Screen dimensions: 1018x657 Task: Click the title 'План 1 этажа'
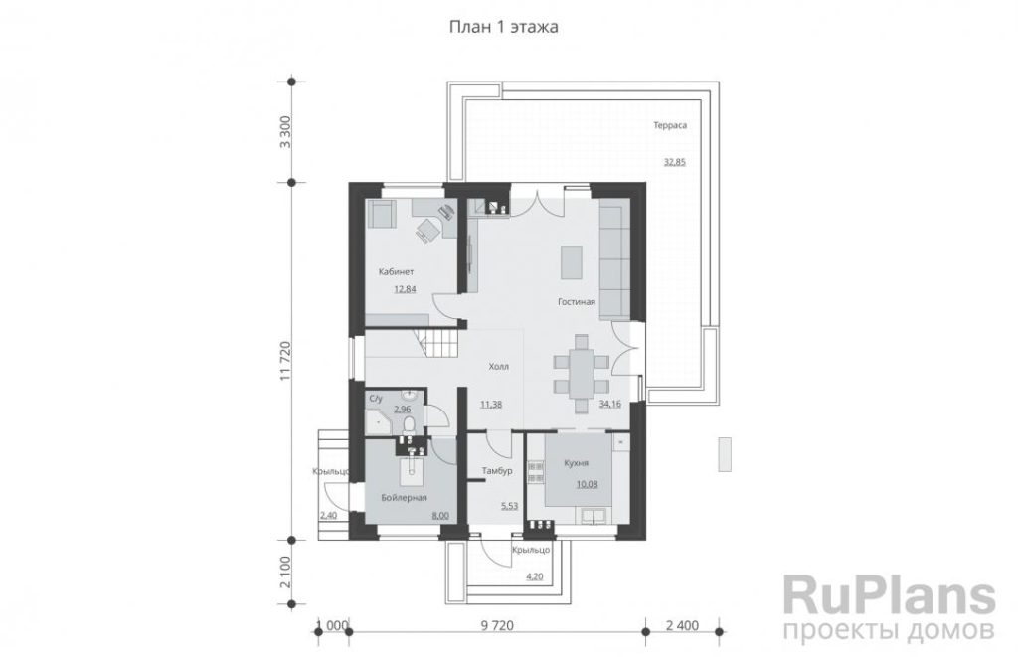tap(503, 27)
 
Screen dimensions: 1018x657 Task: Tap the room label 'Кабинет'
tap(396, 272)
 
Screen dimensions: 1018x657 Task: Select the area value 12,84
tap(406, 289)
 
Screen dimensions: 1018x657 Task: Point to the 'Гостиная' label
tap(577, 302)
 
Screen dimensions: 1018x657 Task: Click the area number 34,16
tap(609, 404)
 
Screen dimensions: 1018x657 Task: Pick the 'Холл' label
tap(499, 367)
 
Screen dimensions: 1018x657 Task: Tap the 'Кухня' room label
tap(577, 463)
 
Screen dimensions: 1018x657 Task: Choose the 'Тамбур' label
tap(497, 471)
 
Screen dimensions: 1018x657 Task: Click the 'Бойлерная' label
tap(405, 497)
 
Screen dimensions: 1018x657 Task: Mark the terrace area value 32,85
tap(675, 162)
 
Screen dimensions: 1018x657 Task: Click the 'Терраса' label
tap(670, 125)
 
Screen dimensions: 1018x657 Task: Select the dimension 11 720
tap(284, 361)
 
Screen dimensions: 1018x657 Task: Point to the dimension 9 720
tap(497, 626)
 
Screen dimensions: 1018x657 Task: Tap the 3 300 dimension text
tap(284, 132)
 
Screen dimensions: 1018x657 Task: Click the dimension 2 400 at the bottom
tap(683, 626)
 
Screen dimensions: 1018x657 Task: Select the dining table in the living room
tap(581, 374)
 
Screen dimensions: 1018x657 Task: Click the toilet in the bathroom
tap(410, 425)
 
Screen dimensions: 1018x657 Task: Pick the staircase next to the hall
tap(442, 343)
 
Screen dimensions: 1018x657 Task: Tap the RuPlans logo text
tap(889, 594)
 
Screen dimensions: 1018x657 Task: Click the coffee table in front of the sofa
tap(572, 262)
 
